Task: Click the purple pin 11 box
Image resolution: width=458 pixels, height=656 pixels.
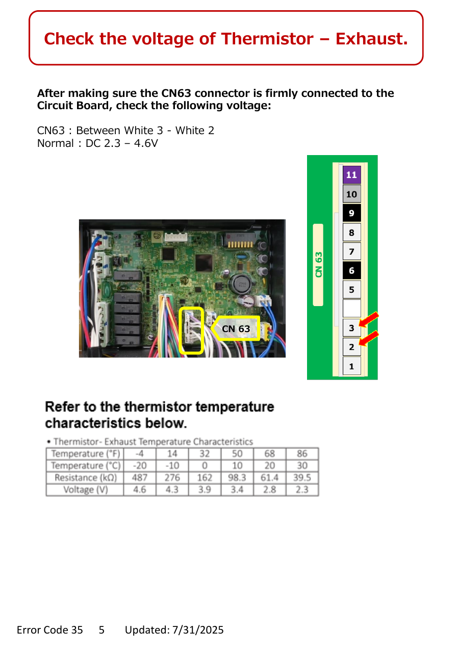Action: [x=351, y=175]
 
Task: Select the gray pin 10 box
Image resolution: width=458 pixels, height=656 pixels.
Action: [x=351, y=194]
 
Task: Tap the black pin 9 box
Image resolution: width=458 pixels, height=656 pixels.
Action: [x=351, y=213]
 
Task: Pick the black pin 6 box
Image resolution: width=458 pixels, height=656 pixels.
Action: [x=351, y=270]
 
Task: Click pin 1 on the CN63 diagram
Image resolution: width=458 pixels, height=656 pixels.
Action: [x=351, y=366]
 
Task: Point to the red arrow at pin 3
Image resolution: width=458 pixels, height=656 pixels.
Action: [x=369, y=319]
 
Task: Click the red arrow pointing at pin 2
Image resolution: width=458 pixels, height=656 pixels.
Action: [x=369, y=338]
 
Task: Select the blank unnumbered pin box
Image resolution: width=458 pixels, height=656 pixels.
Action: [x=351, y=309]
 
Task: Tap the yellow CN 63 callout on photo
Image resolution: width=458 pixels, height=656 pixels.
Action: [x=235, y=329]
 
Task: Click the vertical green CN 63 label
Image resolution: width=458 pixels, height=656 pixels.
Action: [x=318, y=265]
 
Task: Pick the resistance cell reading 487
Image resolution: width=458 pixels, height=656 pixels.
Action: [x=140, y=477]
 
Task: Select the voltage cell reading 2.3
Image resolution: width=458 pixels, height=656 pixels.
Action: [x=302, y=490]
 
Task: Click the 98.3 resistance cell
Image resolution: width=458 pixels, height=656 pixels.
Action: [x=237, y=477]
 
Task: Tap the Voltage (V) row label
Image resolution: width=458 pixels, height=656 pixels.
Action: [x=85, y=490]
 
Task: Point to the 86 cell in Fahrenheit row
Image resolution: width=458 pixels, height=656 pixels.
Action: [x=302, y=453]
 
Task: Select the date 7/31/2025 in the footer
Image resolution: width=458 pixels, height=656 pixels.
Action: [x=198, y=630]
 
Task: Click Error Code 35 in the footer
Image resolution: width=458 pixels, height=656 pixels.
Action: [x=50, y=630]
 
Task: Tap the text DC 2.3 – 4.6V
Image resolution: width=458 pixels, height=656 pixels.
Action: [x=121, y=143]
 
